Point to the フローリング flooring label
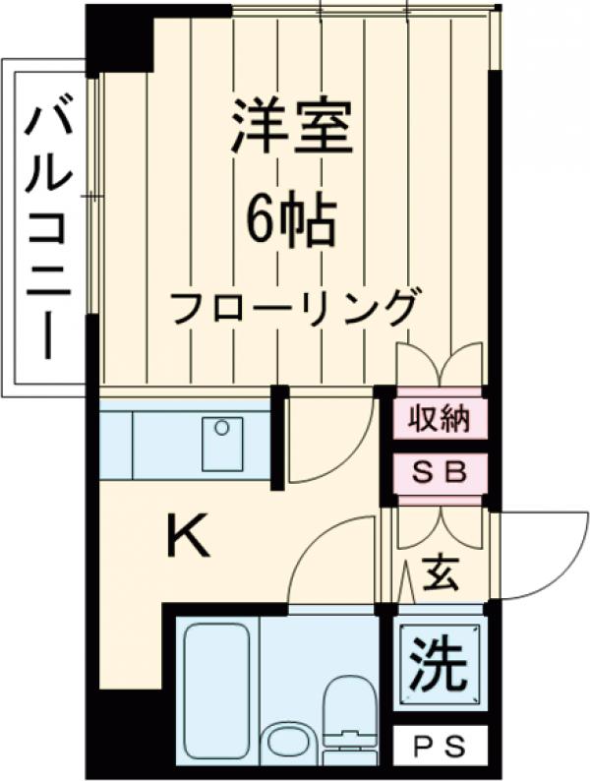[x=292, y=307]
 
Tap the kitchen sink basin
[x=222, y=443]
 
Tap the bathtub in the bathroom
[x=215, y=685]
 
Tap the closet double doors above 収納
[x=440, y=365]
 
